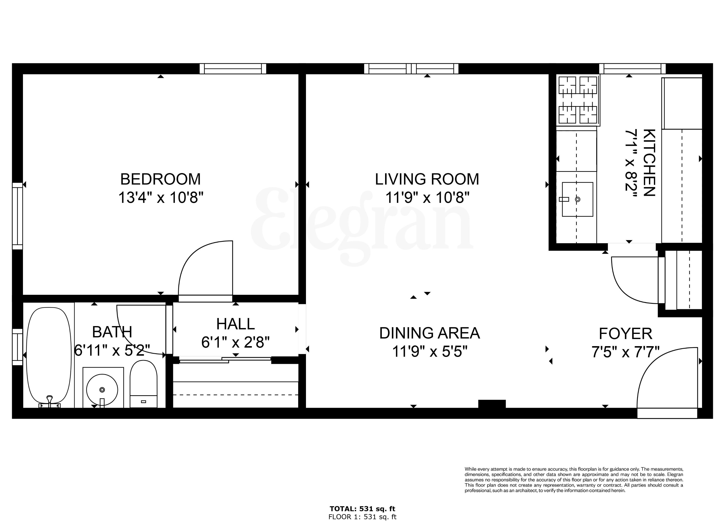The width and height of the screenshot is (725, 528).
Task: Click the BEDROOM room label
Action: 160,179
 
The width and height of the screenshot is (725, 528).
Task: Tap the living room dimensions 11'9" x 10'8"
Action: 427,198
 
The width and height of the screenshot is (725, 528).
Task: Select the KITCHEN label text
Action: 649,163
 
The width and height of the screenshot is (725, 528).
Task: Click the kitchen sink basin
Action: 577,199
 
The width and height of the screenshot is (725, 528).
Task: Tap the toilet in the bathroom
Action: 143,384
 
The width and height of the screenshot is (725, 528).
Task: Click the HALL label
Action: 236,324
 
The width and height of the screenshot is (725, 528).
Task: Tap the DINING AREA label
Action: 429,333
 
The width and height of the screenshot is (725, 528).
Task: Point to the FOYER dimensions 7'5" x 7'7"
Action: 625,352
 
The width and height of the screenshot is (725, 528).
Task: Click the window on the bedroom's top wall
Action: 233,69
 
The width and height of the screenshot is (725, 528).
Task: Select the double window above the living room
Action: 411,69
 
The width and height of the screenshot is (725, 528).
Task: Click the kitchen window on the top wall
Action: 632,69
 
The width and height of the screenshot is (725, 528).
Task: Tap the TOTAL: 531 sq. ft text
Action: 362,509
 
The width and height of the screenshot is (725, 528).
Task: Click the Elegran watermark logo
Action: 361,224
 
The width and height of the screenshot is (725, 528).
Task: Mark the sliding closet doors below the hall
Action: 225,360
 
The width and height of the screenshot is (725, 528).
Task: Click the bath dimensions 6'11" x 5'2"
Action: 112,350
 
